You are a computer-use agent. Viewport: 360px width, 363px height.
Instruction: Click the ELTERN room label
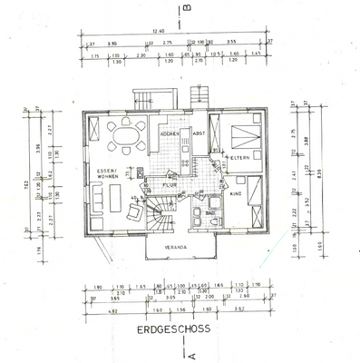click(239, 159)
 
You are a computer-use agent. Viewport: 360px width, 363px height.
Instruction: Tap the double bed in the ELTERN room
click(243, 136)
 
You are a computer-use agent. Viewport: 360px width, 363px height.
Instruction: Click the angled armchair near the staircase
click(131, 213)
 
